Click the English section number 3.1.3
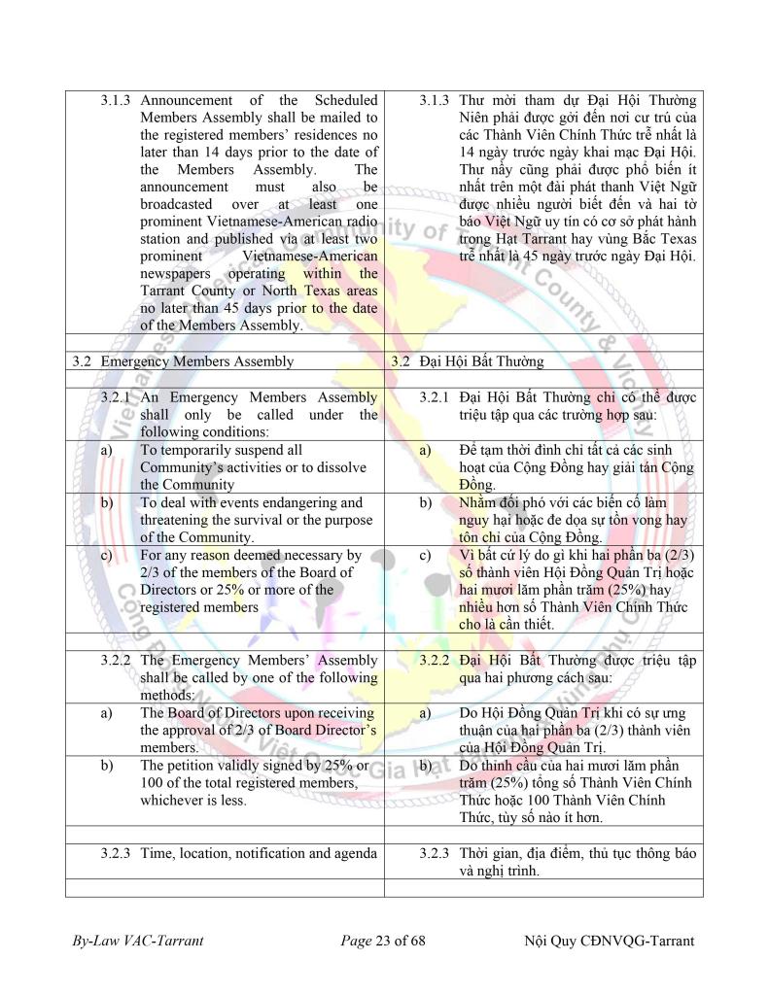point(117,100)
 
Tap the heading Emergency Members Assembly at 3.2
point(196,361)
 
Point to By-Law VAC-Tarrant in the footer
point(137,941)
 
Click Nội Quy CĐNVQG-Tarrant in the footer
point(609,941)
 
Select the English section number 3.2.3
point(117,852)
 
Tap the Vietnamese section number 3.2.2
point(436,660)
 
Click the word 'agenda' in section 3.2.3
point(354,852)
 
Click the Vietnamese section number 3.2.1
point(436,396)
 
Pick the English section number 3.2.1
point(117,396)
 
